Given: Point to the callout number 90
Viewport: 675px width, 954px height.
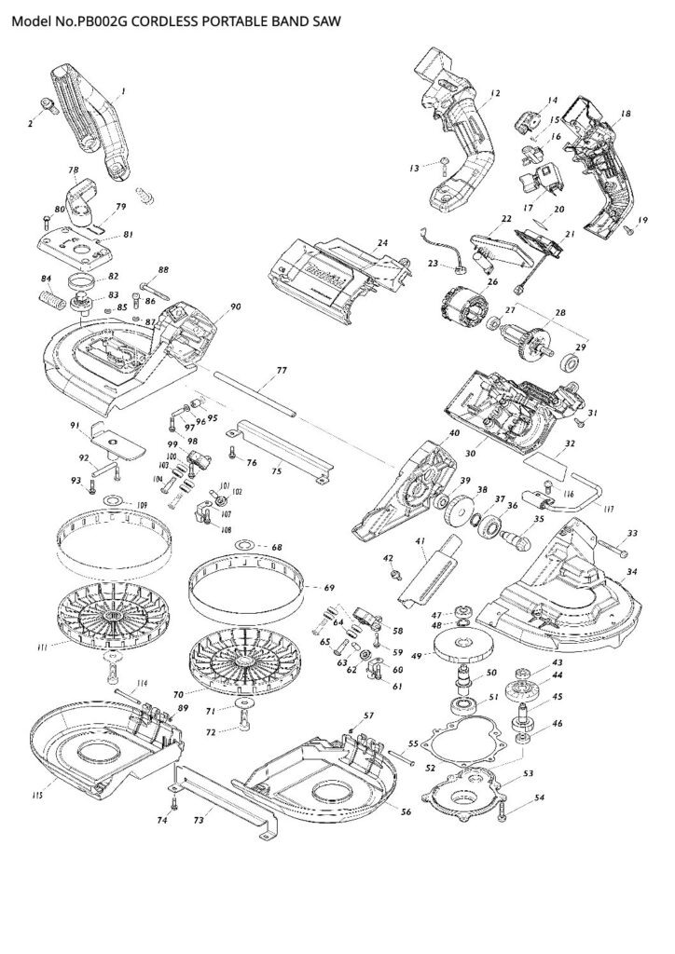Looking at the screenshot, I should tap(235, 307).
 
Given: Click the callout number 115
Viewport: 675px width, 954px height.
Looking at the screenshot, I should tap(37, 795).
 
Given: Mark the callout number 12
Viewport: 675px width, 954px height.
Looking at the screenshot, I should tap(495, 93).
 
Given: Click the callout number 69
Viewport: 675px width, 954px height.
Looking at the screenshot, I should tap(328, 588).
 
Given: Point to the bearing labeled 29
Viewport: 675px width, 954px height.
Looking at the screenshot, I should tap(565, 361).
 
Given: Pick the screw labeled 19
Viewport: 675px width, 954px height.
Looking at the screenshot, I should tap(629, 223).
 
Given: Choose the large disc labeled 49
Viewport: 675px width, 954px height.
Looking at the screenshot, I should tap(462, 646).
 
